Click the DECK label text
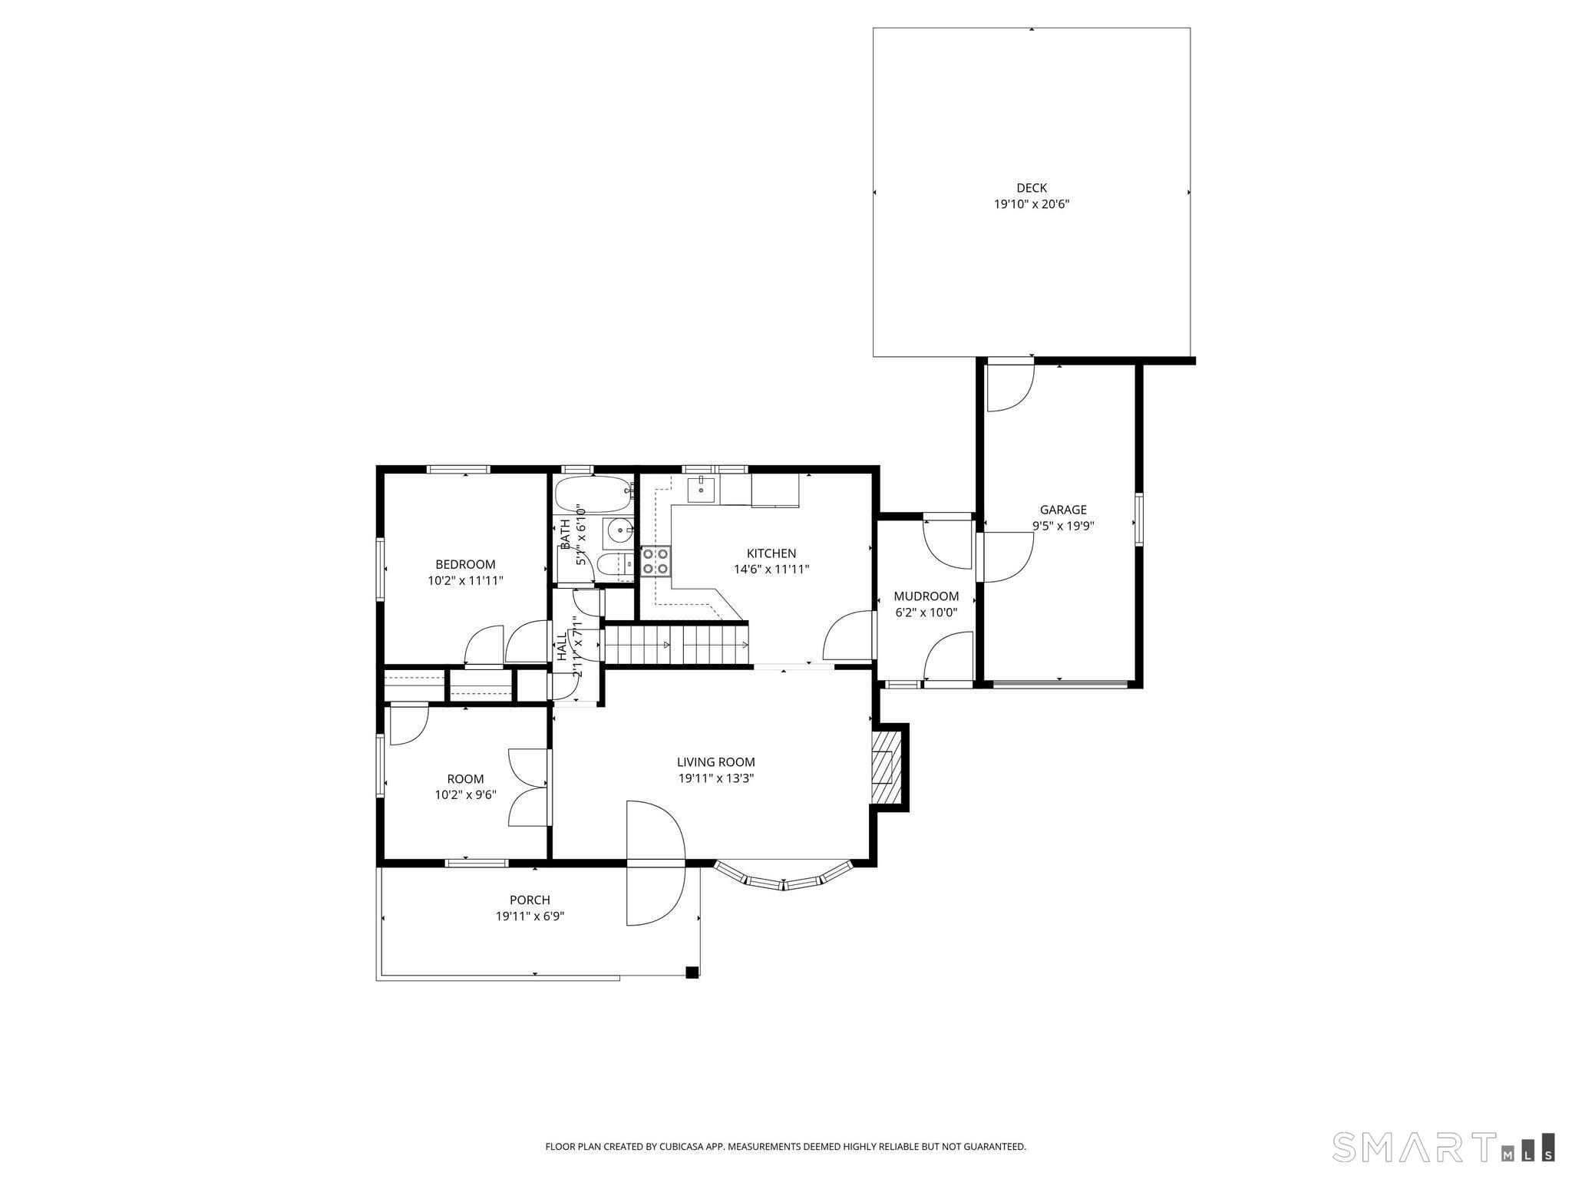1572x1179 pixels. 1031,188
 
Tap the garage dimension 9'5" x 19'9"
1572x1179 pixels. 1062,527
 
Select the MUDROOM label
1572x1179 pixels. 926,596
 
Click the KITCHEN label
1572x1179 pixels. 771,553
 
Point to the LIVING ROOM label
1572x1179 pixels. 715,762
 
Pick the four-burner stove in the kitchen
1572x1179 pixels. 656,560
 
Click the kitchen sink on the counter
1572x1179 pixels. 701,488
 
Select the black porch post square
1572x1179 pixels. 692,972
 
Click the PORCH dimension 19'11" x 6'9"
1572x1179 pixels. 530,916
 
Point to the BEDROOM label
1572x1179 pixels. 465,564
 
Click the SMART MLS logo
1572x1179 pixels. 1444,1147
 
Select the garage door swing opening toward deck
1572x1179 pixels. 1009,386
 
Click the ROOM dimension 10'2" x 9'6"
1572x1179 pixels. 465,795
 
